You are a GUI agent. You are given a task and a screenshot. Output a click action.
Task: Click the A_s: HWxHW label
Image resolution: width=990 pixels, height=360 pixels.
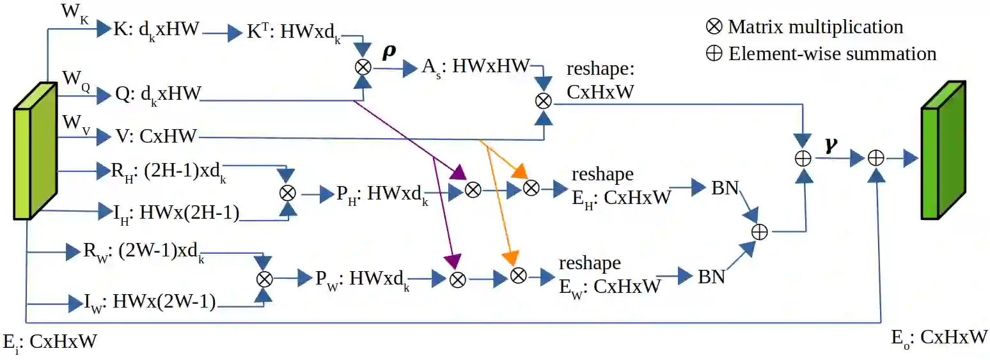(475, 66)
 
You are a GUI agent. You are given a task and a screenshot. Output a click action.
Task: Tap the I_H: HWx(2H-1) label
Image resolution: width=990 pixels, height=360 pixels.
(170, 213)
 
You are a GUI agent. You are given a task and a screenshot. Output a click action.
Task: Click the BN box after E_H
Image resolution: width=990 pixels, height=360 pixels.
(725, 189)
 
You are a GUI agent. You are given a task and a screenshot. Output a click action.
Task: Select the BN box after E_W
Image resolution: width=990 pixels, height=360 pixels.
(711, 277)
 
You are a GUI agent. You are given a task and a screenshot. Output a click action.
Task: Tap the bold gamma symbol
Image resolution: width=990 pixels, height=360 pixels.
(830, 146)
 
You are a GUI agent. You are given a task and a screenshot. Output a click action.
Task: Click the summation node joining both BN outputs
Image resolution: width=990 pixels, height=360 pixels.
(759, 232)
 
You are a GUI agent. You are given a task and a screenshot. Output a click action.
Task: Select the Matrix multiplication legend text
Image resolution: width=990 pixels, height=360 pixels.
(815, 27)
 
